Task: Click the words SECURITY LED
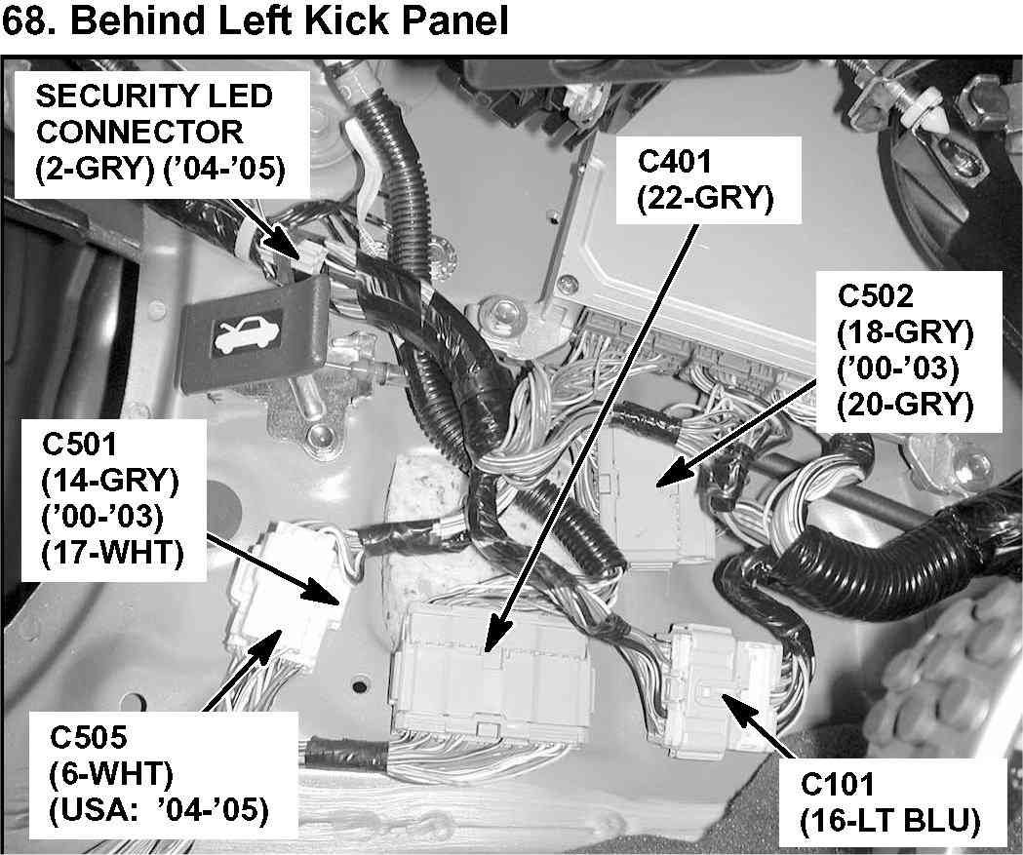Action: click(153, 97)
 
